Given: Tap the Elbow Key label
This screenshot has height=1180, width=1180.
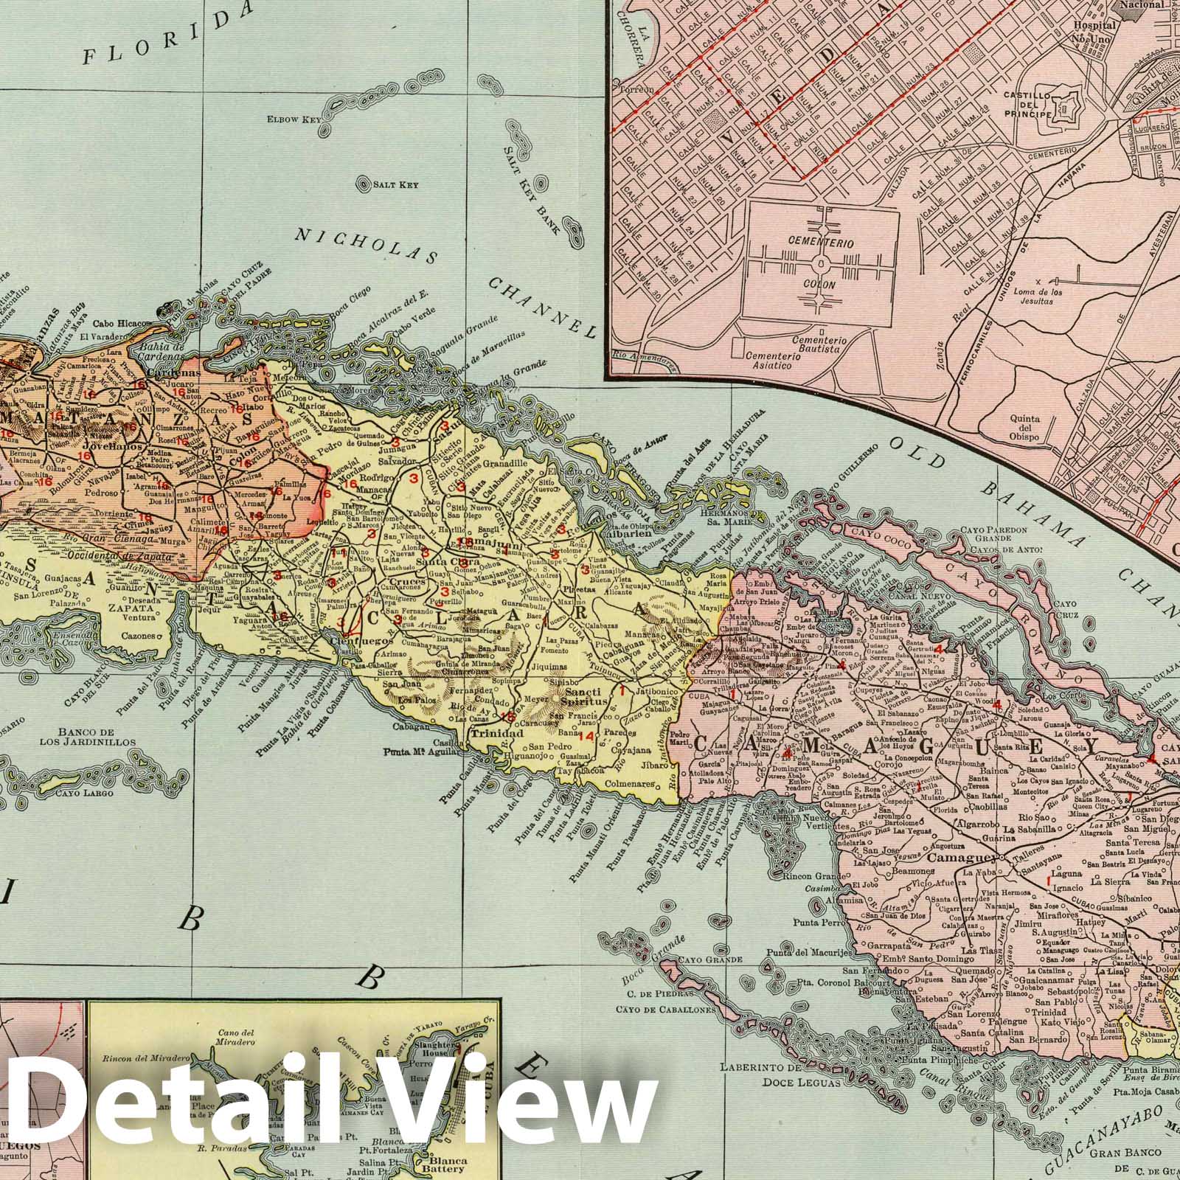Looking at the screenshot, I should (x=291, y=118).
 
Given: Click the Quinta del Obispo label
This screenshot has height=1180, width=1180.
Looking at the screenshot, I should (x=1024, y=427).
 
